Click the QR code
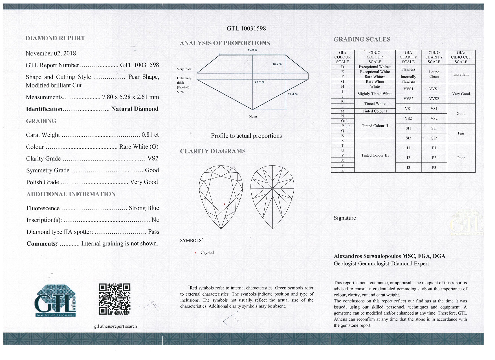click(x=115, y=299)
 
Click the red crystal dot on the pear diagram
click(x=224, y=204)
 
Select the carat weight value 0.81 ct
click(x=150, y=135)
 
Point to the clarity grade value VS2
click(x=153, y=159)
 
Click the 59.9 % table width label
click(x=252, y=50)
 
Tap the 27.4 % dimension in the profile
click(x=292, y=94)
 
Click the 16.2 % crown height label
click(x=277, y=64)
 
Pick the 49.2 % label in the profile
click(x=259, y=82)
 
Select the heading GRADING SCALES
click(x=362, y=39)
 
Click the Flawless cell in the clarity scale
click(x=408, y=69)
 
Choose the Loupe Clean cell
click(x=434, y=74)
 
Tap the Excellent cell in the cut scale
click(x=461, y=74)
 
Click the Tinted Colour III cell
click(x=375, y=155)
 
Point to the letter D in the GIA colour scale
click(x=342, y=67)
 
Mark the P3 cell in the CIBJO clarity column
click(x=434, y=168)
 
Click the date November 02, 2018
click(x=51, y=53)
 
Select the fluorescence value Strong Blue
click(x=144, y=208)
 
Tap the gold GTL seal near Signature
click(x=467, y=224)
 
